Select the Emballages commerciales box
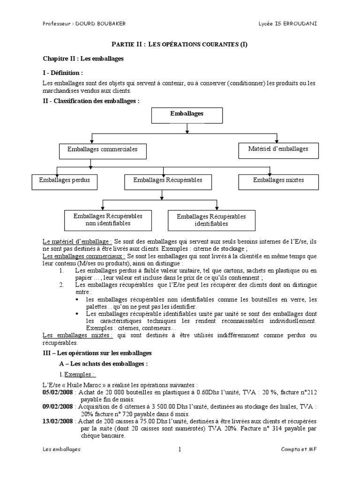tap(103, 150)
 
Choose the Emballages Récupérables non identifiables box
tap(108, 220)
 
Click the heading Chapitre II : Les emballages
tap(83, 59)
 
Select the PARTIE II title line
tap(180, 45)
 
